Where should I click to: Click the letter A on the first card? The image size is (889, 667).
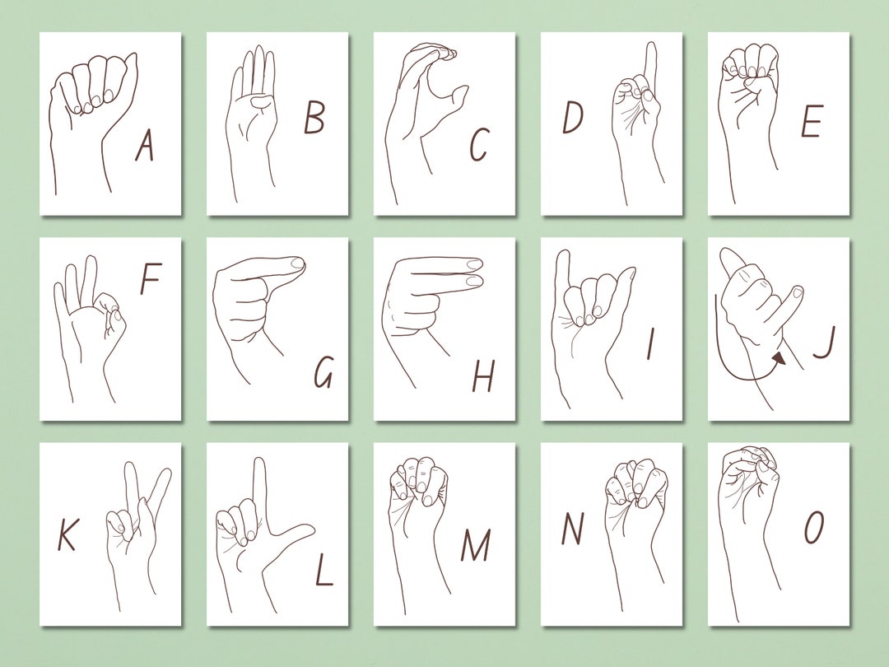[145, 147]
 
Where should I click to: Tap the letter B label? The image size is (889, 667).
[314, 118]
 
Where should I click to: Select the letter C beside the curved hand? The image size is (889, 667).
[479, 145]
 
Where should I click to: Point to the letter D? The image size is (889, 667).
[573, 118]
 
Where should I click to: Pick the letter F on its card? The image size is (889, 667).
[150, 280]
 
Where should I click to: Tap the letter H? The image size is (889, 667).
[483, 376]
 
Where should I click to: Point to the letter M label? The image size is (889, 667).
[475, 545]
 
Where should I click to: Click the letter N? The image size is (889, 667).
[572, 529]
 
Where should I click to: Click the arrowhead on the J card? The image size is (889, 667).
[779, 358]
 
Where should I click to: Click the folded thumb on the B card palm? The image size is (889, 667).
[259, 101]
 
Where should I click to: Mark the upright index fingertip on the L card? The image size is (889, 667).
[258, 463]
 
